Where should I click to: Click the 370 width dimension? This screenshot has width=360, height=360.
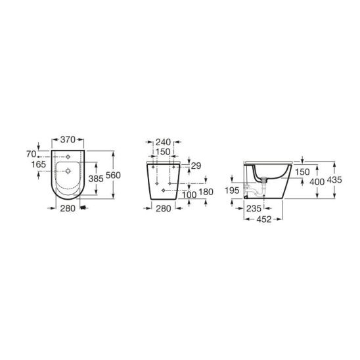click(x=68, y=139)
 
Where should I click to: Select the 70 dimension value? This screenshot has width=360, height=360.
click(x=32, y=154)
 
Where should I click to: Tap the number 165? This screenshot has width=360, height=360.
click(x=39, y=164)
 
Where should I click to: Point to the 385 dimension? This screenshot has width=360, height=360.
click(x=96, y=179)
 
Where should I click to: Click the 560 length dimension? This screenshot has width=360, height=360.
click(x=113, y=175)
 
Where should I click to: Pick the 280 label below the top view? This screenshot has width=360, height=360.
click(x=68, y=208)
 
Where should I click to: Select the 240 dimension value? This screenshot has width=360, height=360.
click(x=163, y=143)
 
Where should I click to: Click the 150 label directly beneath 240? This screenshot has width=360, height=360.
click(x=163, y=152)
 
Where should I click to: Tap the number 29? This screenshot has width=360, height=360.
click(x=196, y=166)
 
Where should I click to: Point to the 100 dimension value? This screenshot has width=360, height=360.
click(x=189, y=195)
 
